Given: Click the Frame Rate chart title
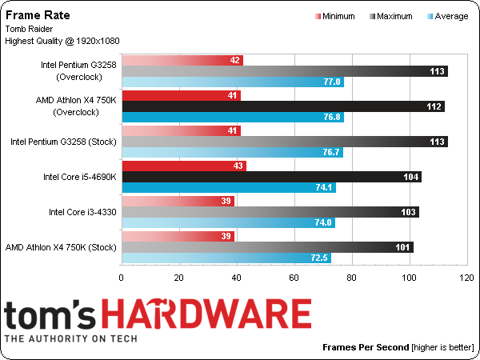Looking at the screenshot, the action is click(38, 15).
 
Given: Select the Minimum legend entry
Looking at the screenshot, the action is click(335, 16).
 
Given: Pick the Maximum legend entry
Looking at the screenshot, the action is click(391, 16).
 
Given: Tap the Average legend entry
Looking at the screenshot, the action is click(448, 16).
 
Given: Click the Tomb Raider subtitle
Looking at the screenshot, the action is click(29, 29).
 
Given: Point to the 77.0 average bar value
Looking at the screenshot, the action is click(332, 82).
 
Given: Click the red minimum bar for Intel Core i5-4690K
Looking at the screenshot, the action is click(184, 166).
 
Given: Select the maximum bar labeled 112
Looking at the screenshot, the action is click(283, 106).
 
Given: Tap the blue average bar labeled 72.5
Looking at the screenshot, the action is click(226, 258).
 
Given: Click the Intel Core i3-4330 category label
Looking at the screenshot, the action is click(82, 212).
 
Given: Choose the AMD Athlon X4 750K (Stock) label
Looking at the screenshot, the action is click(61, 247).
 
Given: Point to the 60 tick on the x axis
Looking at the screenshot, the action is click(294, 278).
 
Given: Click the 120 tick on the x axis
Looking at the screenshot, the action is click(467, 278).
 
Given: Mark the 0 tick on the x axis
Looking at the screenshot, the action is click(122, 278).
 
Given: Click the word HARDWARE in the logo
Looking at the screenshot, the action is click(206, 314).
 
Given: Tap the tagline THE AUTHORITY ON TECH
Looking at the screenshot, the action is click(70, 338).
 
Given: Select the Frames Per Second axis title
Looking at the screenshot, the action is click(366, 347).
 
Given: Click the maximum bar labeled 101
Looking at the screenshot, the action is click(268, 247).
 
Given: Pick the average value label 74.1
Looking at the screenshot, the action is click(324, 187).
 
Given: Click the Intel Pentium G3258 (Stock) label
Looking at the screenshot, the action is click(64, 142).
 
